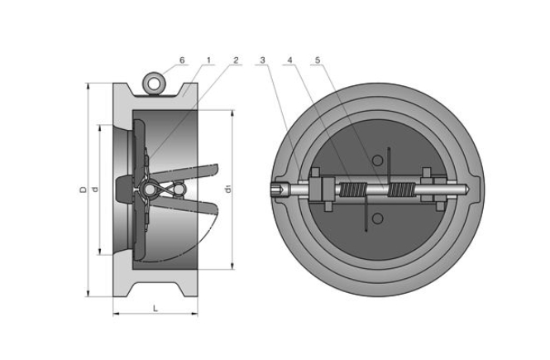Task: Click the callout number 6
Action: coord(182,60)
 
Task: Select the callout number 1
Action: coord(209,60)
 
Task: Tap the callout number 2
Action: coord(236,60)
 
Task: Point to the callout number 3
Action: coord(262,60)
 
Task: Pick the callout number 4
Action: coord(290,60)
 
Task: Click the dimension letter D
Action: coord(83,190)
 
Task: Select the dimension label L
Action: coord(155,307)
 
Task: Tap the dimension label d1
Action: coord(227,190)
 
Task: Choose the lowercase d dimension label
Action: coord(96,190)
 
